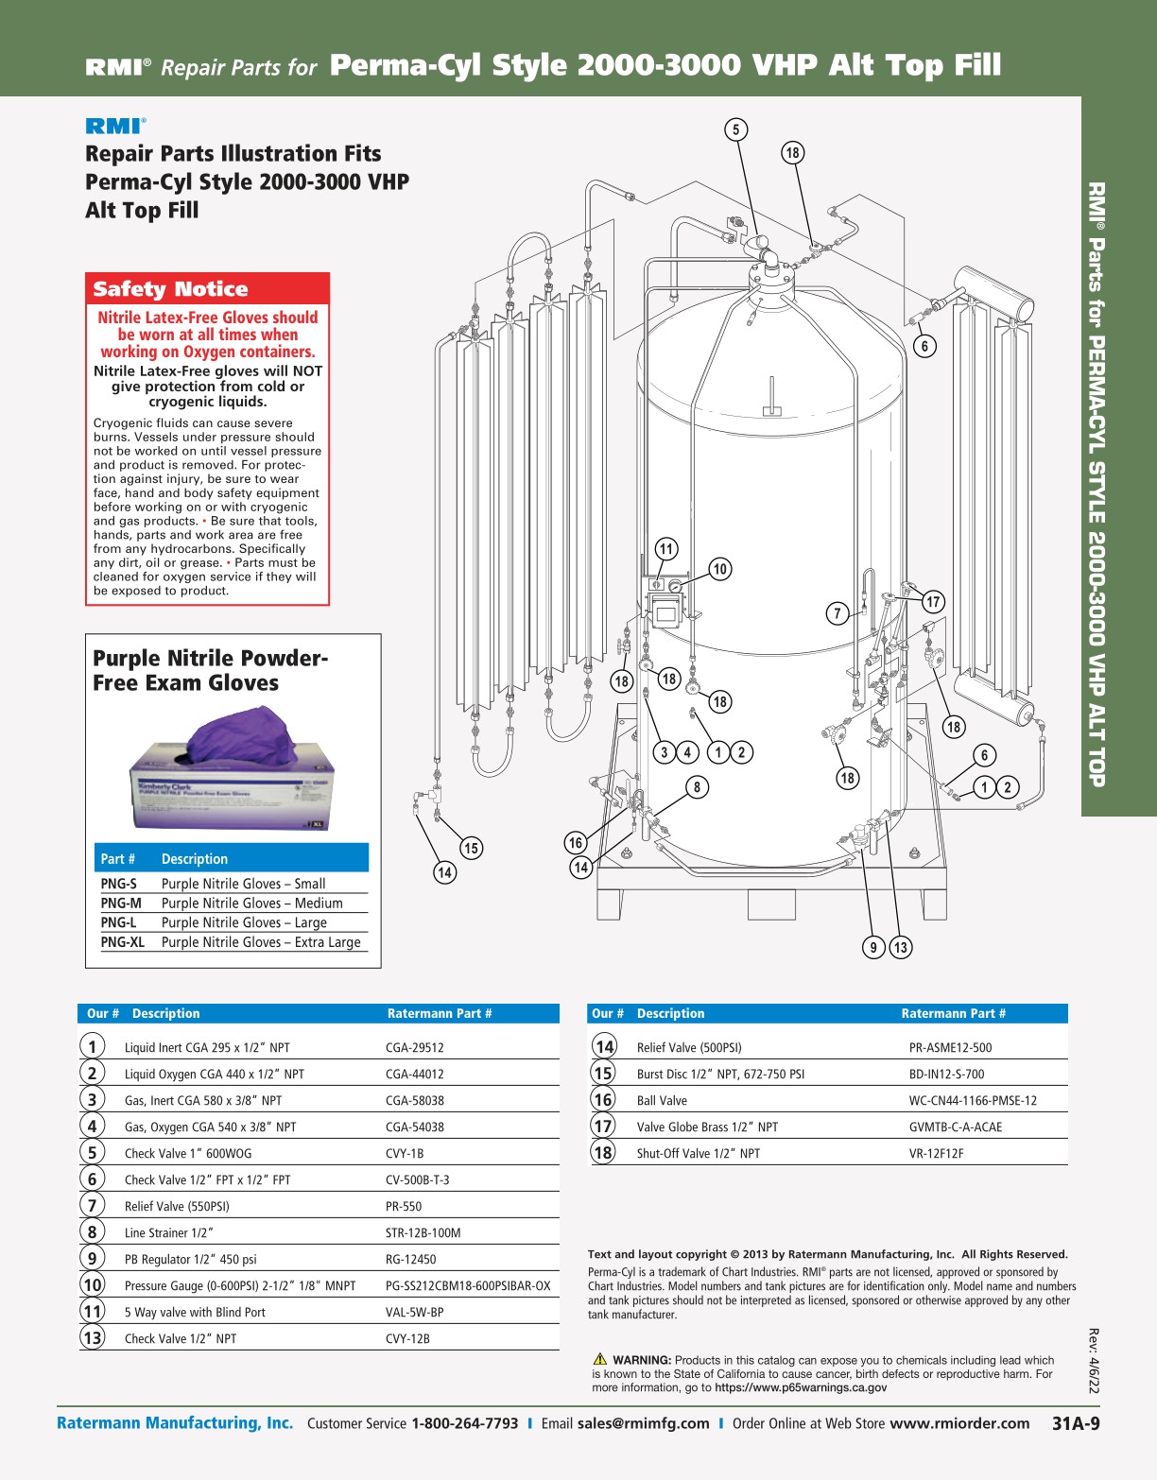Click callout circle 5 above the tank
point(736,129)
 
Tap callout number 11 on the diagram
point(666,549)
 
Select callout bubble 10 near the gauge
point(720,569)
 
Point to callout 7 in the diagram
point(838,614)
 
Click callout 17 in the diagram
point(933,602)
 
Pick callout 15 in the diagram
point(471,848)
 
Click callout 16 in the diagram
point(576,842)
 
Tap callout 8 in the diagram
point(697,787)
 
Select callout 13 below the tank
point(900,947)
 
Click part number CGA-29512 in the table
point(415,1047)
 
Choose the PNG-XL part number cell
point(122,942)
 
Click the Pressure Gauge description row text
point(240,1285)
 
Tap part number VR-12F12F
point(936,1153)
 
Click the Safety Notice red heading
point(170,289)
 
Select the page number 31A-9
point(1076,1423)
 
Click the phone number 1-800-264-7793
point(464,1423)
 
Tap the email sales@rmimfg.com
point(643,1423)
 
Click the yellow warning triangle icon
point(599,1360)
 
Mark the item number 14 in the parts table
point(604,1046)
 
